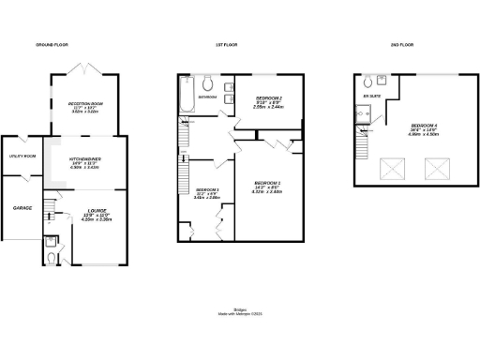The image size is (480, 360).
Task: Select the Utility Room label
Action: (22, 156)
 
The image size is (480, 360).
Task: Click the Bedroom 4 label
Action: (423, 128)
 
